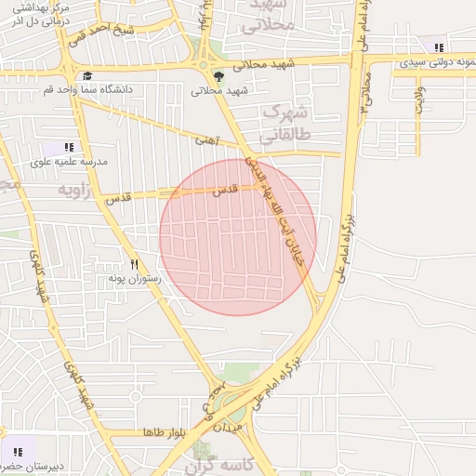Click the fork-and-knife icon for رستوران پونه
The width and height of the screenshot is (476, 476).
click(135, 264)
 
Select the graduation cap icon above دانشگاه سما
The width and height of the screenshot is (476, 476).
click(86, 76)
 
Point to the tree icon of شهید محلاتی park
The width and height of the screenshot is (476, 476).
click(218, 77)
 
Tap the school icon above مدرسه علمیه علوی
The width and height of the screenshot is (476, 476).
click(69, 147)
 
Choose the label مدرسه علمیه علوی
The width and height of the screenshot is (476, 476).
click(69, 161)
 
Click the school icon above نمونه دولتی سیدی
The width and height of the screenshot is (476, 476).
click(439, 47)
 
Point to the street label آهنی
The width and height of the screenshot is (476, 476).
click(205, 141)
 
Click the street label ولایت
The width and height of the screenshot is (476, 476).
click(420, 99)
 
